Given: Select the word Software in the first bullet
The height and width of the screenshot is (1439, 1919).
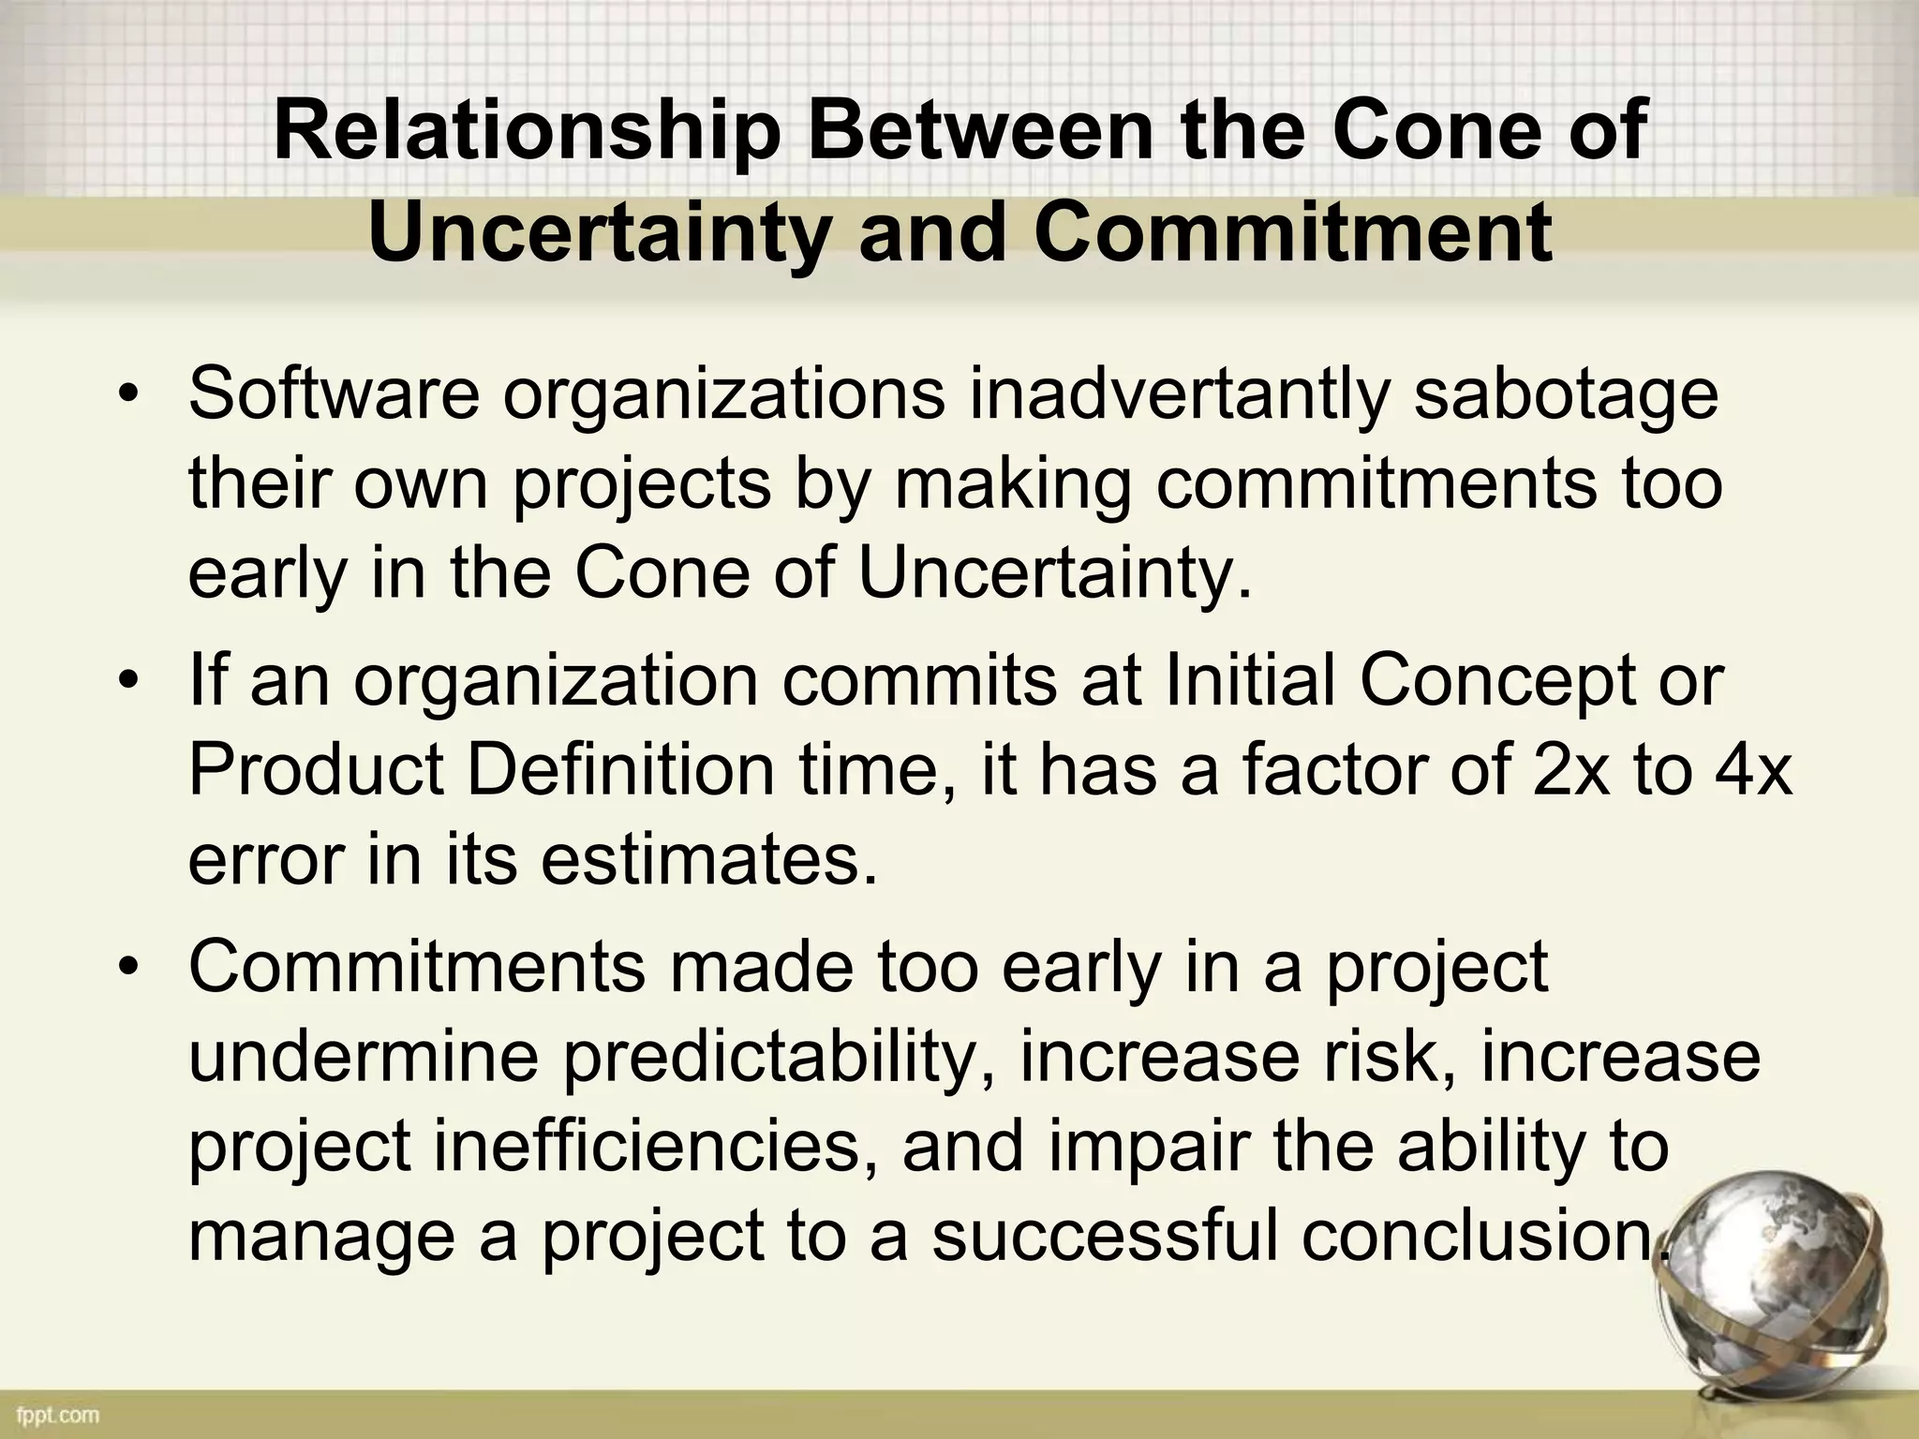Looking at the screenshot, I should click(335, 395).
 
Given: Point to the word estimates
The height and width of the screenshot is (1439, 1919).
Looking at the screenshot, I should click(708, 860).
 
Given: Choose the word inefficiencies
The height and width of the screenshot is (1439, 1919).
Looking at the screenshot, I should click(647, 1147).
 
